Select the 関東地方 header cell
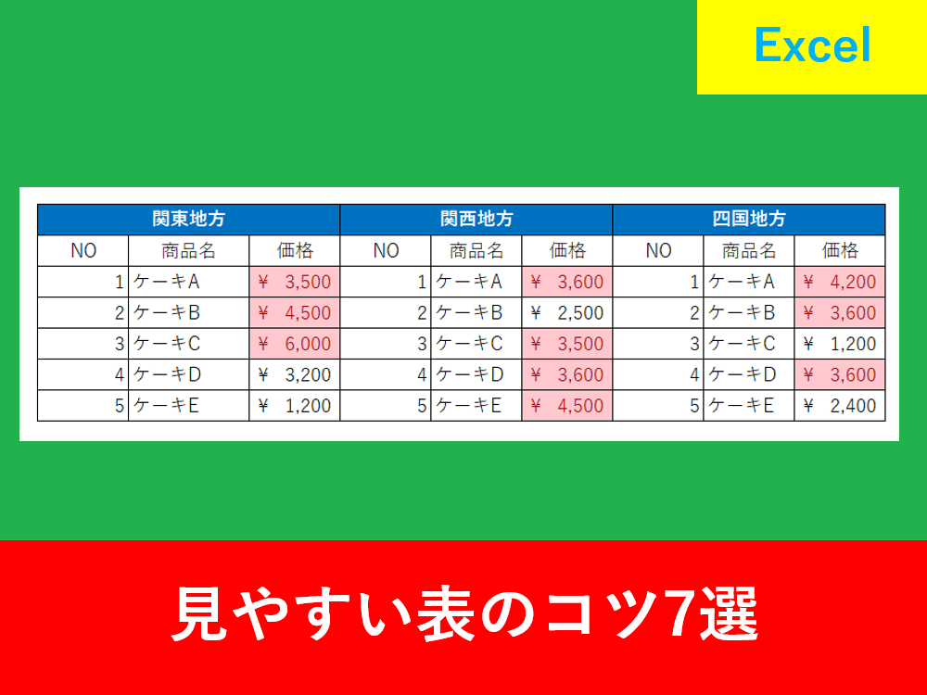pos(188,220)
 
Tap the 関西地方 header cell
pos(476,220)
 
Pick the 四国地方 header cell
pos(749,220)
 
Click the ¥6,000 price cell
pos(295,344)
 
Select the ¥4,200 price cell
pos(840,282)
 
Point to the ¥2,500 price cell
pos(567,312)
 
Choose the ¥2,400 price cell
pos(840,406)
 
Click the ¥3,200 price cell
pos(295,374)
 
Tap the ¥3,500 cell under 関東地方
pos(295,282)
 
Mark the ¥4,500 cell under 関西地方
pos(567,406)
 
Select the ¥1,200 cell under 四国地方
pos(840,344)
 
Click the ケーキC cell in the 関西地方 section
pos(476,344)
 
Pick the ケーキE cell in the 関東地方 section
pos(188,406)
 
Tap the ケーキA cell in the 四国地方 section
pos(749,282)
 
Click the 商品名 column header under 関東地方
pos(188,250)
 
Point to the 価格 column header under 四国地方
pos(840,250)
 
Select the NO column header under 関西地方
pos(386,250)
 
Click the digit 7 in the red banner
pos(679,614)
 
